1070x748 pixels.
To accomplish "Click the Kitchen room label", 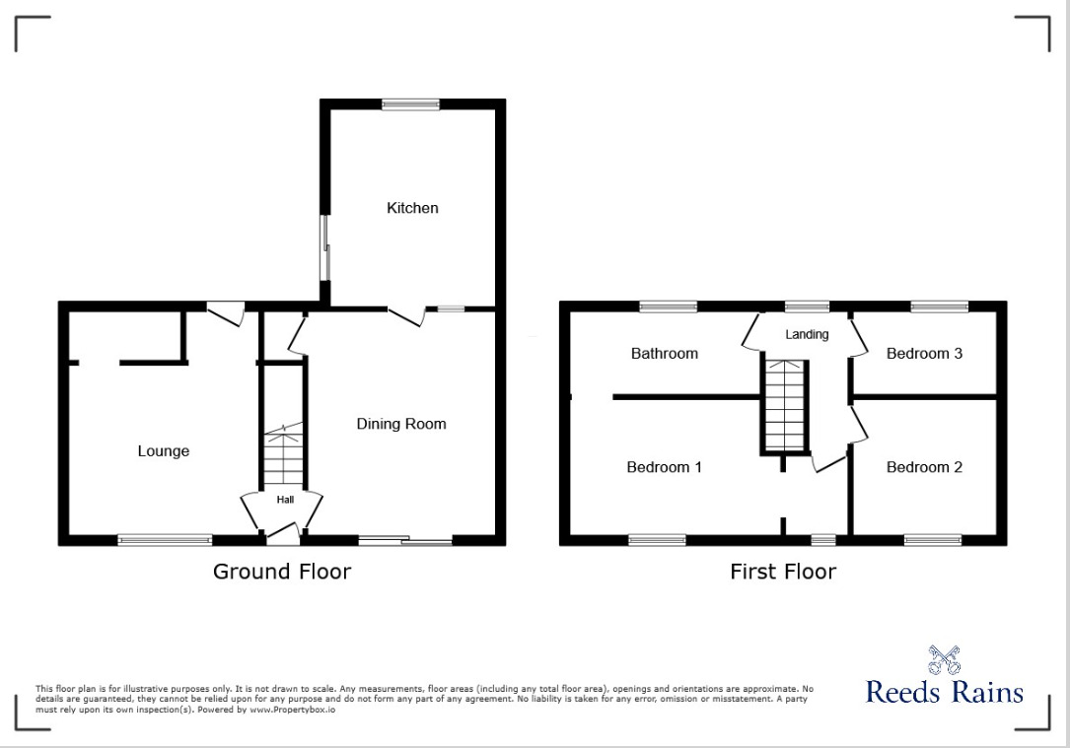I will [412, 208].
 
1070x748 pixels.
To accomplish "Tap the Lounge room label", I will [163, 451].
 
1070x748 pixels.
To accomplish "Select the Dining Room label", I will [401, 424].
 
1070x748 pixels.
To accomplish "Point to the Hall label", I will [285, 500].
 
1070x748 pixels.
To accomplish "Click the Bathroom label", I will [665, 353].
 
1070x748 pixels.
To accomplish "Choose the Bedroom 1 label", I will [665, 467].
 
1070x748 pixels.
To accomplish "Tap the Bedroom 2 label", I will [924, 467].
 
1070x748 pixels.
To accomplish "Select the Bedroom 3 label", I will [924, 353].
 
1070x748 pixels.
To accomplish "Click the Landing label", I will [807, 334].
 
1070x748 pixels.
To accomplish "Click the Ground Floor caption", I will [282, 572].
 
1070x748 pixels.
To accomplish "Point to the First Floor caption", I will [783, 572].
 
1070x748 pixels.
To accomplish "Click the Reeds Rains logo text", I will [944, 692].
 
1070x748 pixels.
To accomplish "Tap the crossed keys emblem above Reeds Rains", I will [945, 659].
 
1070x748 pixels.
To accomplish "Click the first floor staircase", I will [785, 405].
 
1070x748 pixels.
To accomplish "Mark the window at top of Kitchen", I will [411, 104].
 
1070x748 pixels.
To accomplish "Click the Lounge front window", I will [165, 539].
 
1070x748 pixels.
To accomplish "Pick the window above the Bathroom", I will [668, 306].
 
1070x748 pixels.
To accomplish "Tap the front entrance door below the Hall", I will [283, 538].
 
